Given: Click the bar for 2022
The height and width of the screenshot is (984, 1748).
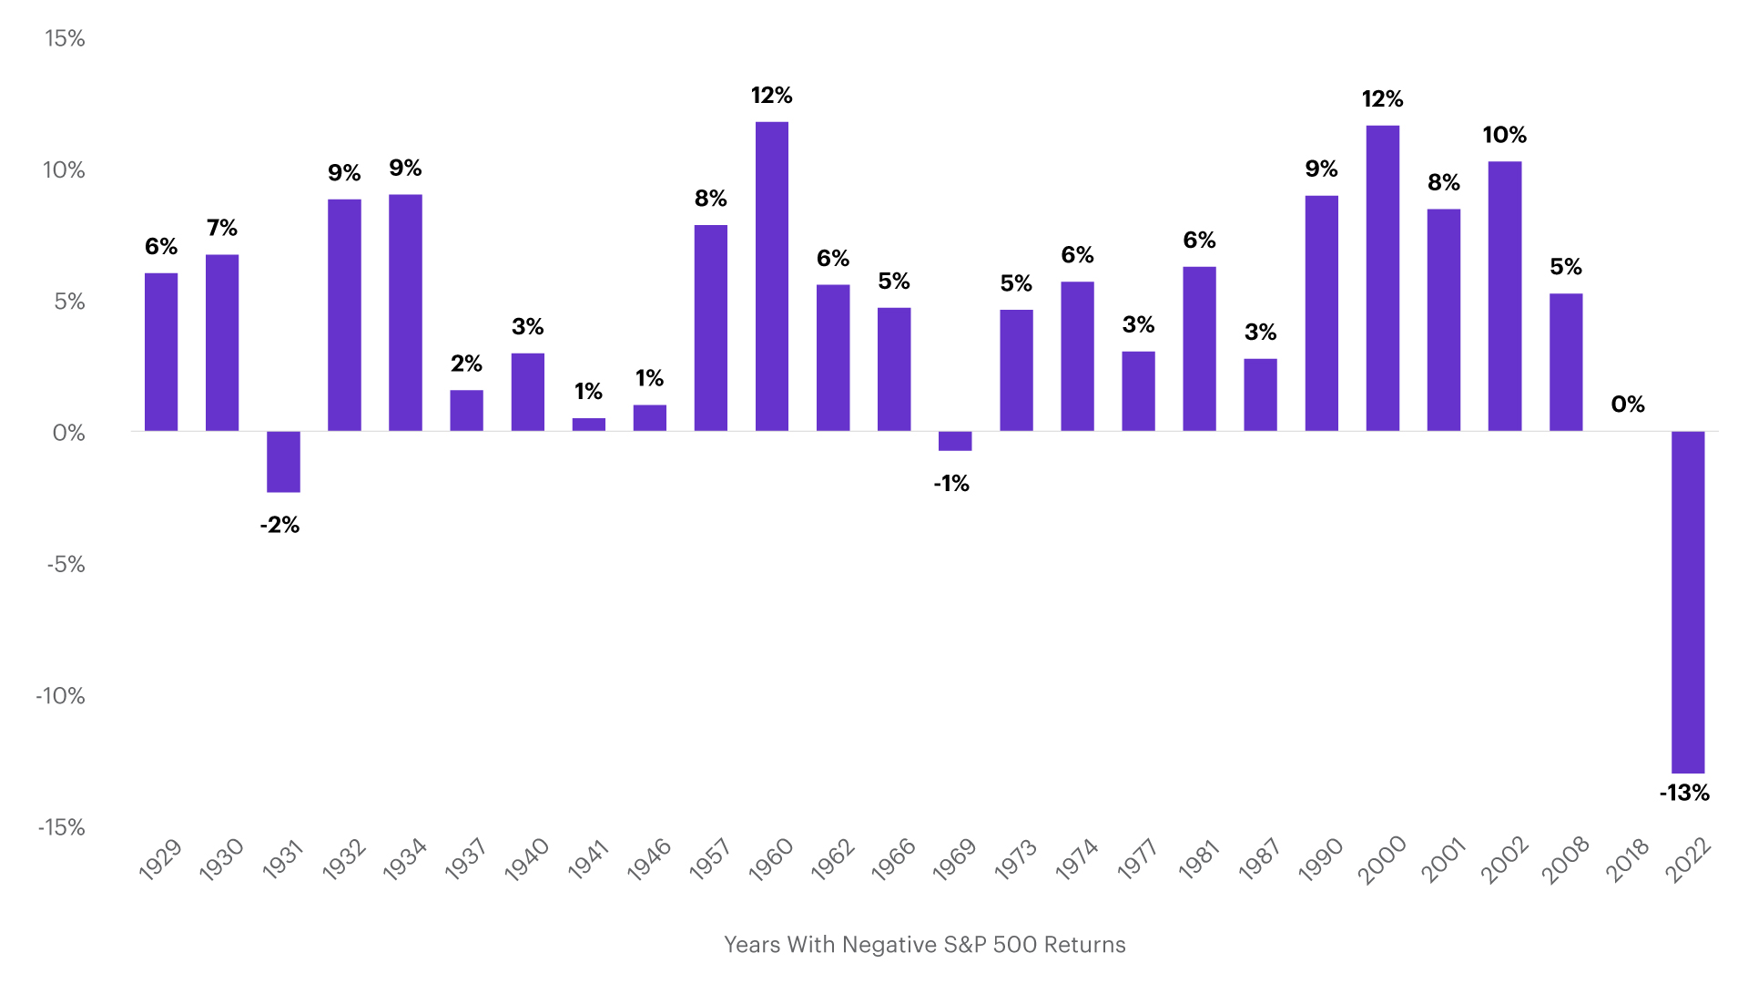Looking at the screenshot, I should pos(1687,601).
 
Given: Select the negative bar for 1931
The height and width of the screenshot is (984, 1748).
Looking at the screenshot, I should pos(283,462).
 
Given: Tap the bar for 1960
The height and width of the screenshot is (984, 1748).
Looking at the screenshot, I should pos(772,276).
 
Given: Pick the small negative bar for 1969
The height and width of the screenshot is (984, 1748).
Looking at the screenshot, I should pos(955,441).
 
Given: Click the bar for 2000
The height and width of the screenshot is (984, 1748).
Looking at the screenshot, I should pos(1382,278).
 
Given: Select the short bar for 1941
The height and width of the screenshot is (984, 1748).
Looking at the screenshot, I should pos(588,425).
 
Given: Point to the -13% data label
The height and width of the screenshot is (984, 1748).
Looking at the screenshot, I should pos(1684,793).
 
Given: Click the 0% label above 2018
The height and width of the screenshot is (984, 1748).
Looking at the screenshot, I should pos(1627,405).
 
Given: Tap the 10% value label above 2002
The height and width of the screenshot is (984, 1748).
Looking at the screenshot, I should pos(1504,135).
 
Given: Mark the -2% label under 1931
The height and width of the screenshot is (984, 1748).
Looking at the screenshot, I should pos(279,525).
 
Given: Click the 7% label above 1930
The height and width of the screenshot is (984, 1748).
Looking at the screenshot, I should pos(221,228).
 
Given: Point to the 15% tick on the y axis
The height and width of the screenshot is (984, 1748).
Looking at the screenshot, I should pos(65,38).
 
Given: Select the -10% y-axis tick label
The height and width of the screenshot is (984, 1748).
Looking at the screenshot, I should pos(60,696).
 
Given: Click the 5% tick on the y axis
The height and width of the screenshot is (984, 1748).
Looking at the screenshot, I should pos(69,302).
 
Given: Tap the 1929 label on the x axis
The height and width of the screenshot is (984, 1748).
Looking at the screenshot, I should pos(160,859).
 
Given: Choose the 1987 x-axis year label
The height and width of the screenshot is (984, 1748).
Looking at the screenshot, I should pos(1260,859).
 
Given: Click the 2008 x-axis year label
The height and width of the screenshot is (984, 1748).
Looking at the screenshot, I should pos(1565,859).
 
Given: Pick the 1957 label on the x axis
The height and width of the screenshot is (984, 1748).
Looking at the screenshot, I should pos(710,859).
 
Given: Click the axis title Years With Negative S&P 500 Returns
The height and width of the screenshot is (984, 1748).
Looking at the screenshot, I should pos(924,945).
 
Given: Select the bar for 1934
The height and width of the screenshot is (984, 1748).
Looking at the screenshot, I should pos(405,313).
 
